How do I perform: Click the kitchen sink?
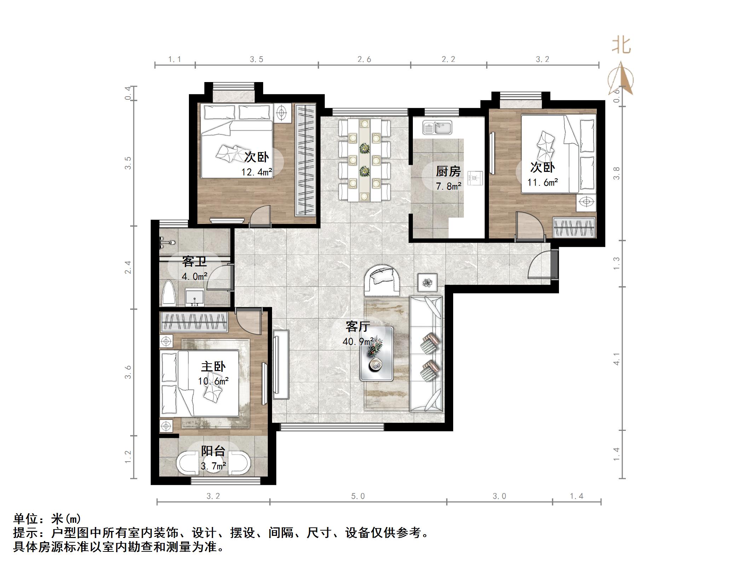pyautogui.click(x=437, y=128)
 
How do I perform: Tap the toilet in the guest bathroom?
pyautogui.click(x=169, y=294)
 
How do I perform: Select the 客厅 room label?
pyautogui.click(x=358, y=326)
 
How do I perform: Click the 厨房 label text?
pyautogui.click(x=448, y=171)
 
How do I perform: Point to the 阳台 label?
pyautogui.click(x=213, y=451)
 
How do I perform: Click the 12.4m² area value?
pyautogui.click(x=256, y=172)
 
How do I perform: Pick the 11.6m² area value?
pyautogui.click(x=542, y=183)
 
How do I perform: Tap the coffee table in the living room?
pyautogui.click(x=376, y=354)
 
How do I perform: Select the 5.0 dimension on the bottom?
pyautogui.click(x=358, y=496)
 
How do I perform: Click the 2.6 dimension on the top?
pyautogui.click(x=364, y=59)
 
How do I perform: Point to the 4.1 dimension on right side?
pyautogui.click(x=617, y=358)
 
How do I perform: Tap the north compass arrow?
pyautogui.click(x=621, y=80)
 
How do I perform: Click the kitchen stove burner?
pyautogui.click(x=475, y=177)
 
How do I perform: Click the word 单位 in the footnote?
pyautogui.click(x=26, y=519)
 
